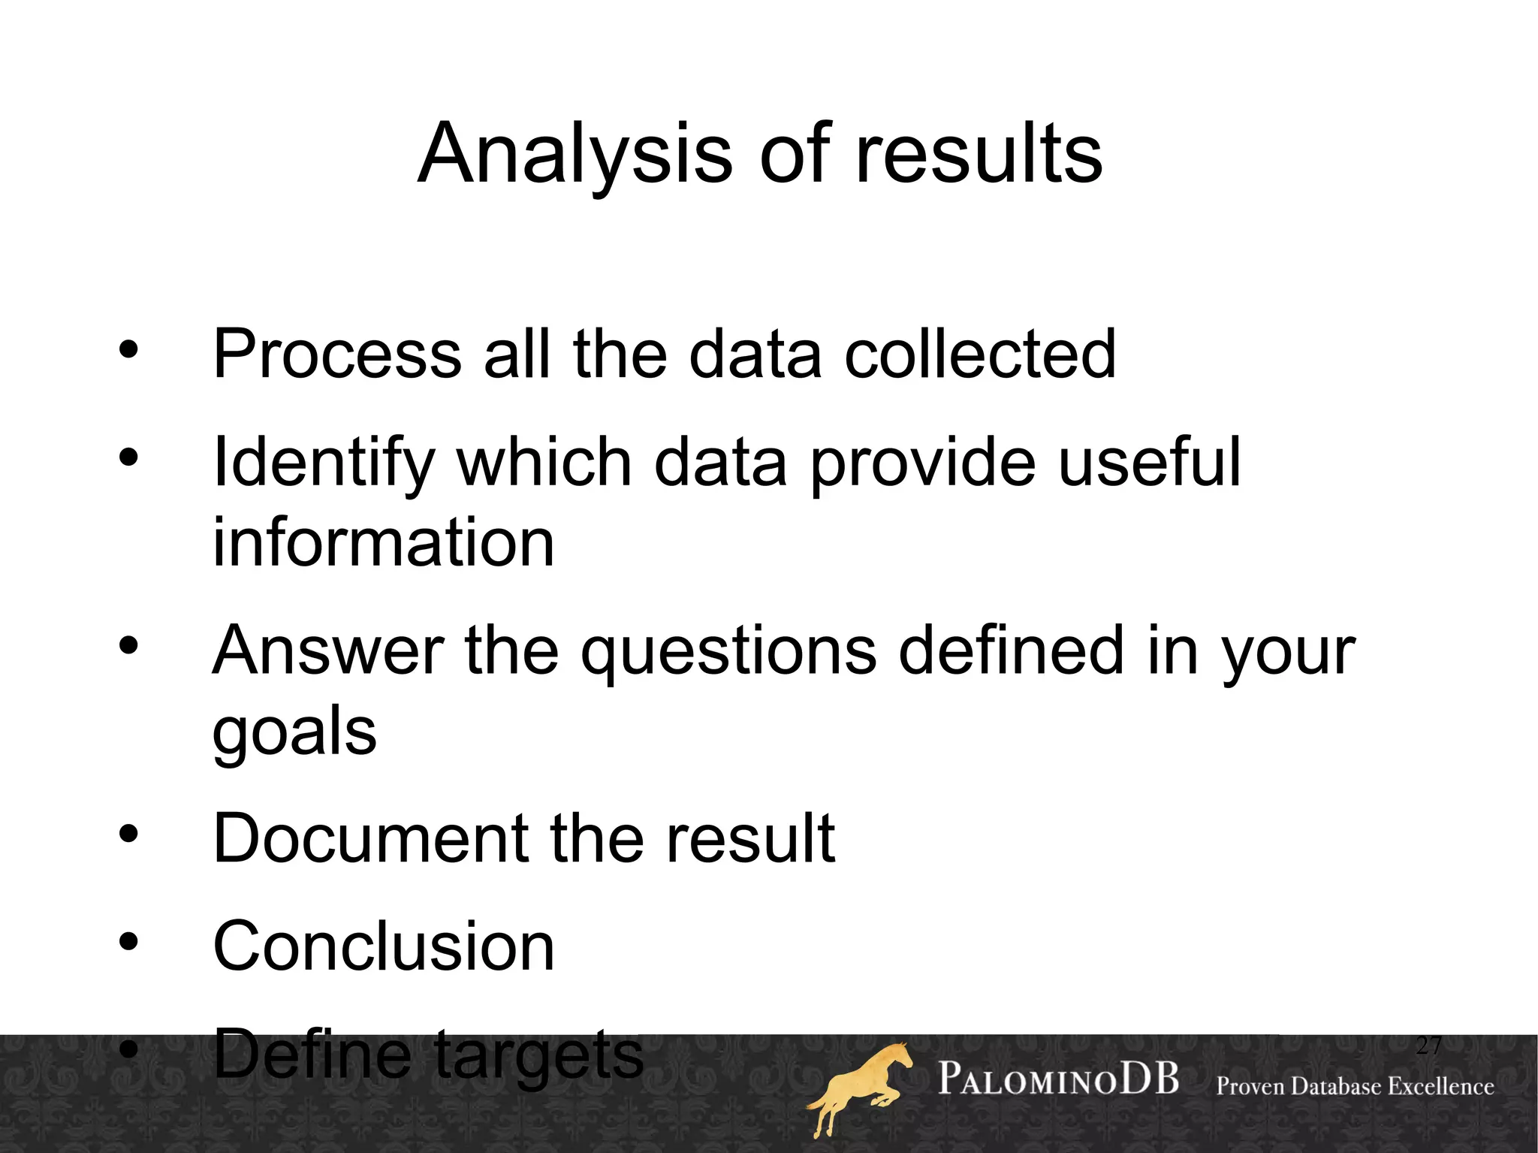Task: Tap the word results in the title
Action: click(979, 154)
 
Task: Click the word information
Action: click(383, 542)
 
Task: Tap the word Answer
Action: click(328, 650)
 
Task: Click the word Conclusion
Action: click(383, 946)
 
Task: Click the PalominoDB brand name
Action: click(1058, 1079)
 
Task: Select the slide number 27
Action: click(1428, 1045)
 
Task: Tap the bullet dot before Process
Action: click(128, 349)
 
